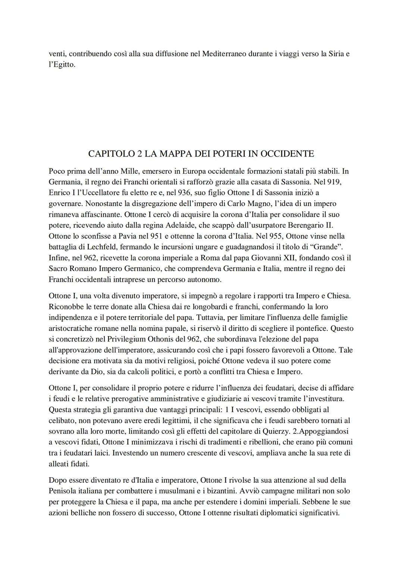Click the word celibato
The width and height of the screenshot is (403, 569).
tap(62, 420)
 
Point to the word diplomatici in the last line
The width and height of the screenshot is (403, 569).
tap(274, 513)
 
